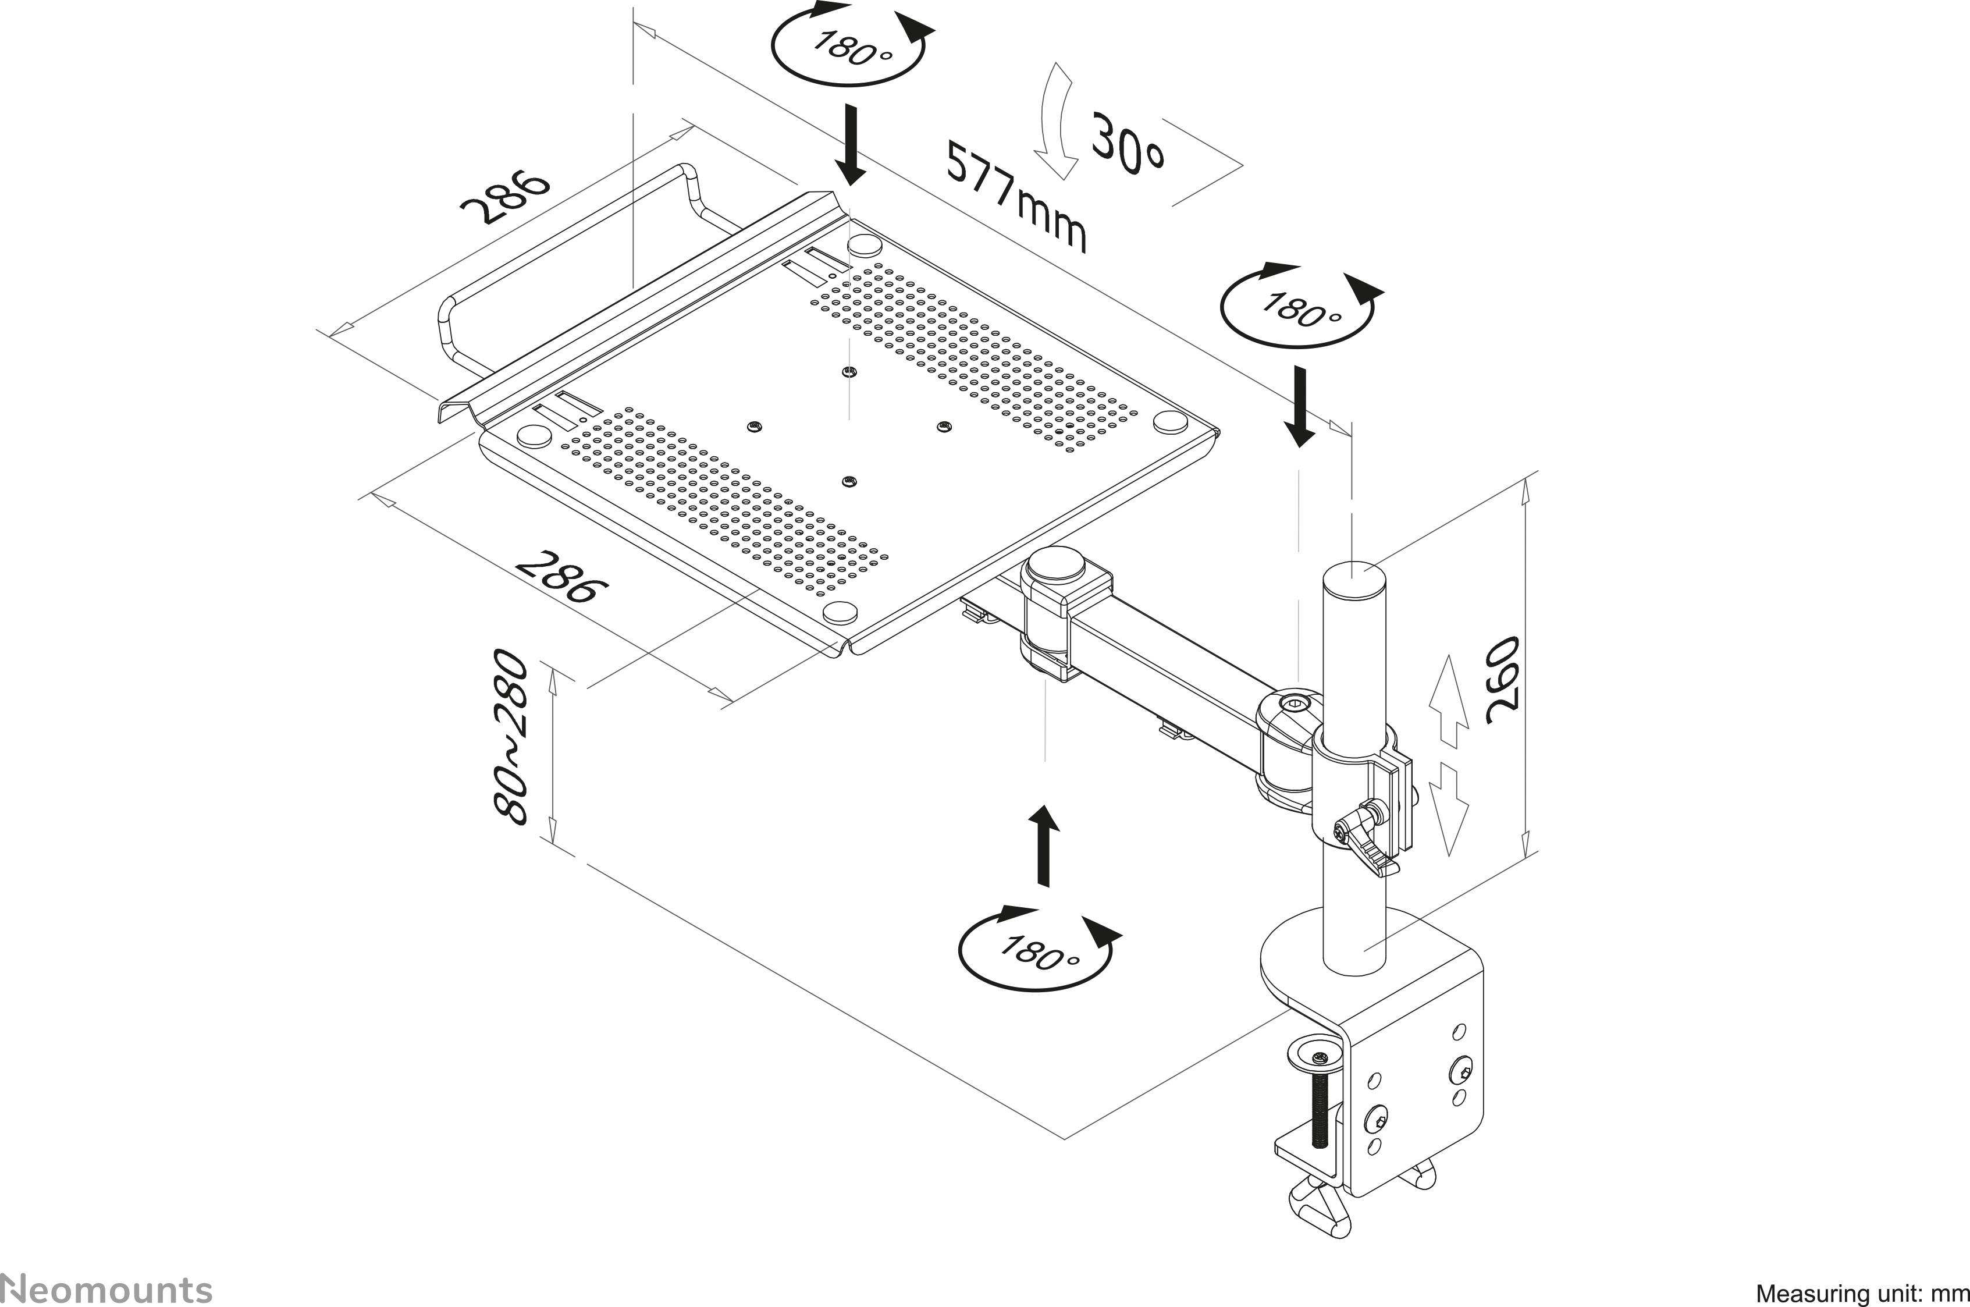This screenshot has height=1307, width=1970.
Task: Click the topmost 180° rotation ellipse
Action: point(848,48)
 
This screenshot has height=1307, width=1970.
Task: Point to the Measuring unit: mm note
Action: point(1862,1293)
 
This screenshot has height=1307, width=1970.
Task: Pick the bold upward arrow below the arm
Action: point(1043,846)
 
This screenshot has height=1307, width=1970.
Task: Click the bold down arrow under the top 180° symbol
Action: point(851,144)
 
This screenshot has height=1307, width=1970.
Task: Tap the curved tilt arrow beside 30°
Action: point(1058,122)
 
